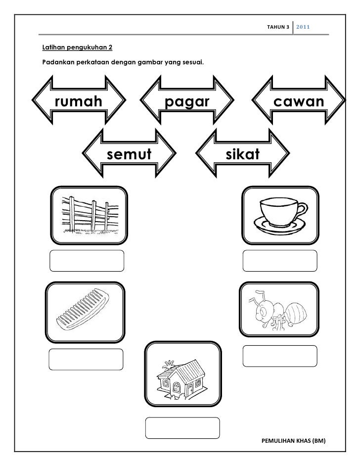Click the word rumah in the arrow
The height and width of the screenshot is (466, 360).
click(79, 102)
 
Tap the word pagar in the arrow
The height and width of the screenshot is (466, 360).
click(187, 102)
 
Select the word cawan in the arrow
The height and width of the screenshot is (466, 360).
click(299, 102)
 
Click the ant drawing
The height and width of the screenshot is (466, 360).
click(277, 311)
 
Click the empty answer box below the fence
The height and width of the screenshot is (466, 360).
click(87, 261)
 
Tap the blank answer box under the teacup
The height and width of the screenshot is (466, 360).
click(280, 261)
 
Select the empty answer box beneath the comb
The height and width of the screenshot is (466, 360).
click(85, 359)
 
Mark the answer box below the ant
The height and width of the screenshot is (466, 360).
click(280, 357)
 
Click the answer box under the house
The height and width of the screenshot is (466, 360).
click(182, 427)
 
